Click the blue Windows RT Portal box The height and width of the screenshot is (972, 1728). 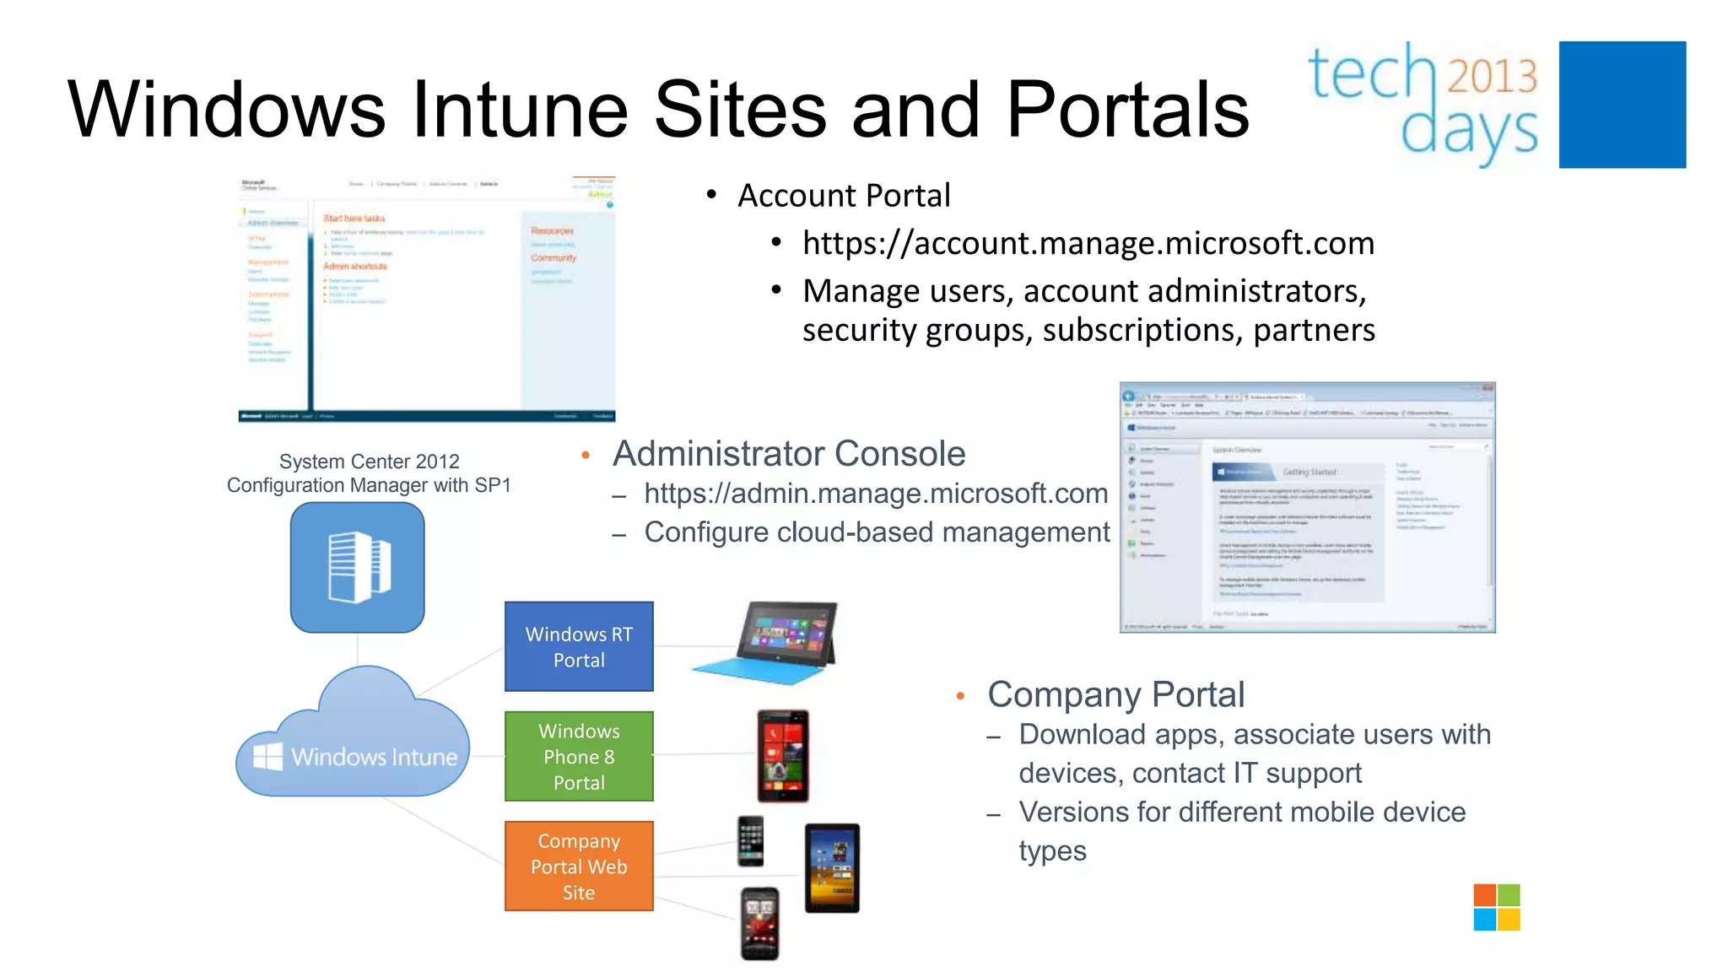click(x=579, y=646)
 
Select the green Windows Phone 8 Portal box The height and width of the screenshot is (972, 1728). click(x=579, y=756)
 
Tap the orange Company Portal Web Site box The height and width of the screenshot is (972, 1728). click(x=579, y=866)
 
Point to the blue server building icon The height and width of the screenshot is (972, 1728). click(x=358, y=567)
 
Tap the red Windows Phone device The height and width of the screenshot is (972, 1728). click(x=783, y=755)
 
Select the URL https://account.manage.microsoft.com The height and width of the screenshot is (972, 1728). click(x=1088, y=243)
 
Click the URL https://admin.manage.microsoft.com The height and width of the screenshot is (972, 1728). click(x=875, y=494)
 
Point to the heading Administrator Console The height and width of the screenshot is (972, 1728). click(x=788, y=454)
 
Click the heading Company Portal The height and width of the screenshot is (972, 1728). click(x=1115, y=695)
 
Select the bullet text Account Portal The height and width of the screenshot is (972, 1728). click(x=843, y=196)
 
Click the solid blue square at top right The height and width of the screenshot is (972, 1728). click(x=1622, y=105)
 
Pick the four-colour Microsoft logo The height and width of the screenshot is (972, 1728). click(x=1497, y=907)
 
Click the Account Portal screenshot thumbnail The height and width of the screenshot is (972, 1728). click(x=427, y=300)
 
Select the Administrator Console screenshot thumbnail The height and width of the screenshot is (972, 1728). click(x=1307, y=507)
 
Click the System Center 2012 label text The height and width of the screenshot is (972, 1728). click(x=369, y=462)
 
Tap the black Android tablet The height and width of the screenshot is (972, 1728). click(x=832, y=867)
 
